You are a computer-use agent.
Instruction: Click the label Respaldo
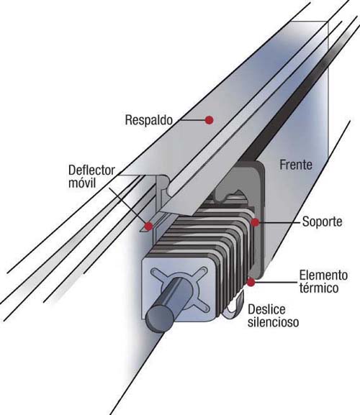(149, 120)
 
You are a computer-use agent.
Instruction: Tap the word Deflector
(91, 170)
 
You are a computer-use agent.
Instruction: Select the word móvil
(82, 183)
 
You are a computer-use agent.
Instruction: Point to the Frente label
(296, 165)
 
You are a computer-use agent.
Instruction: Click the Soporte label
(322, 222)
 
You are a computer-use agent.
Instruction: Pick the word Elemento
(323, 275)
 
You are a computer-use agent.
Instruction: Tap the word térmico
(319, 288)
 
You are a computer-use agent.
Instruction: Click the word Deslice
(266, 309)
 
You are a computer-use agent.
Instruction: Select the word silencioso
(274, 322)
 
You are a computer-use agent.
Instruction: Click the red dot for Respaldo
(210, 120)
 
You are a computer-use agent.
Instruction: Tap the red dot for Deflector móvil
(149, 226)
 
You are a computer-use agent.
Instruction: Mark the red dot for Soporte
(255, 222)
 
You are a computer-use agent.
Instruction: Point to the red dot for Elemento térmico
(251, 283)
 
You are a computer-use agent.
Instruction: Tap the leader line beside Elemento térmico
(276, 283)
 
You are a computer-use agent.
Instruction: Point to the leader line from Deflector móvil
(127, 206)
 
